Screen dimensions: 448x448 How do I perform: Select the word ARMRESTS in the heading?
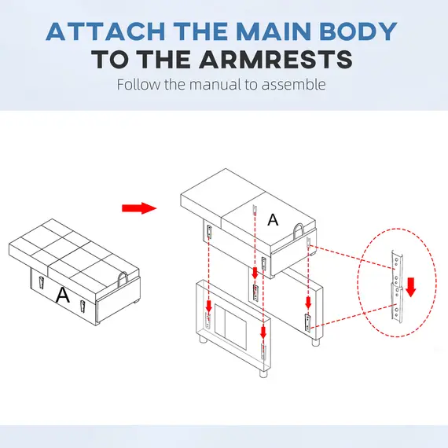(x=276, y=59)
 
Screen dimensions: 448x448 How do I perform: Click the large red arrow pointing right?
(x=139, y=208)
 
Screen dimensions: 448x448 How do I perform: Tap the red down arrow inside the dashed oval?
(x=410, y=287)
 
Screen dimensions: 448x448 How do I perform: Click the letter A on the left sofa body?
(x=63, y=296)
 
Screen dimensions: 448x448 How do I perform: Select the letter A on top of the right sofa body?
(x=273, y=220)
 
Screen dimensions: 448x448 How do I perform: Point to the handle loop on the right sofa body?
(x=299, y=231)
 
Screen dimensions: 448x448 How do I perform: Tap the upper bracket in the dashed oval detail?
(x=397, y=268)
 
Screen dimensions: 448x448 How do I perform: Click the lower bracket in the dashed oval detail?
(x=397, y=305)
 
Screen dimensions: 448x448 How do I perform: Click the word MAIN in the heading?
(x=274, y=31)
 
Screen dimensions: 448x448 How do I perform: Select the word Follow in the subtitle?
(x=138, y=85)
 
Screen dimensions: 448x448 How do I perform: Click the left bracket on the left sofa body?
(x=41, y=283)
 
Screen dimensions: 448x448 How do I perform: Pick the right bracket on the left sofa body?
(x=83, y=307)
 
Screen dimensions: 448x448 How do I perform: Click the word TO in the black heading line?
(x=111, y=59)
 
